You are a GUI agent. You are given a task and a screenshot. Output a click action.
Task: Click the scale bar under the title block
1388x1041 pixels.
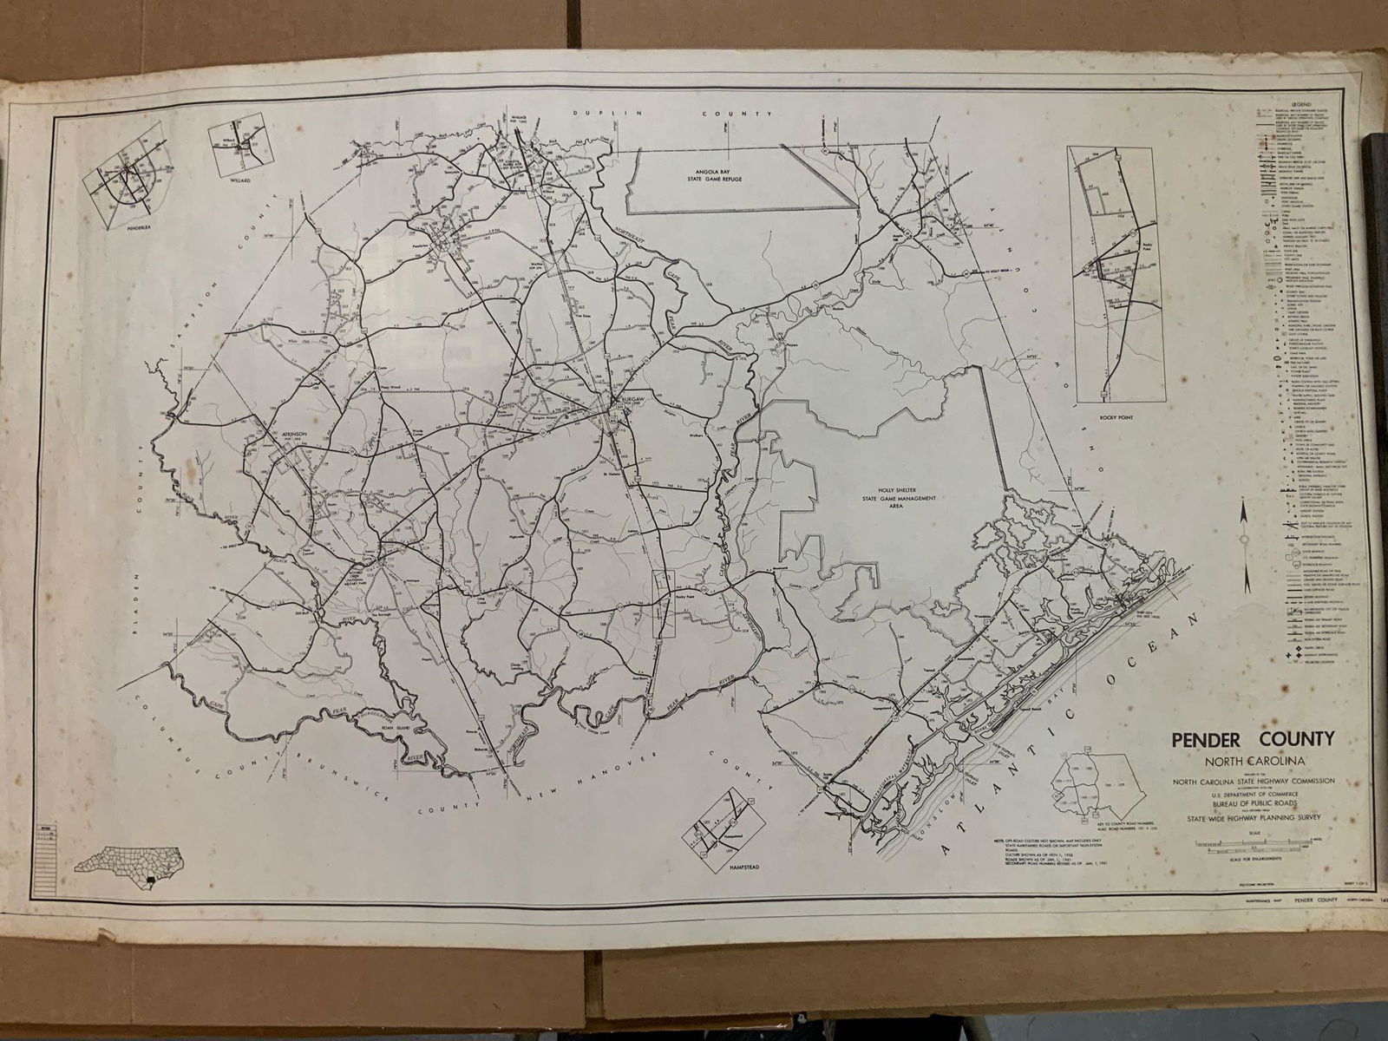pyautogui.click(x=1241, y=841)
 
